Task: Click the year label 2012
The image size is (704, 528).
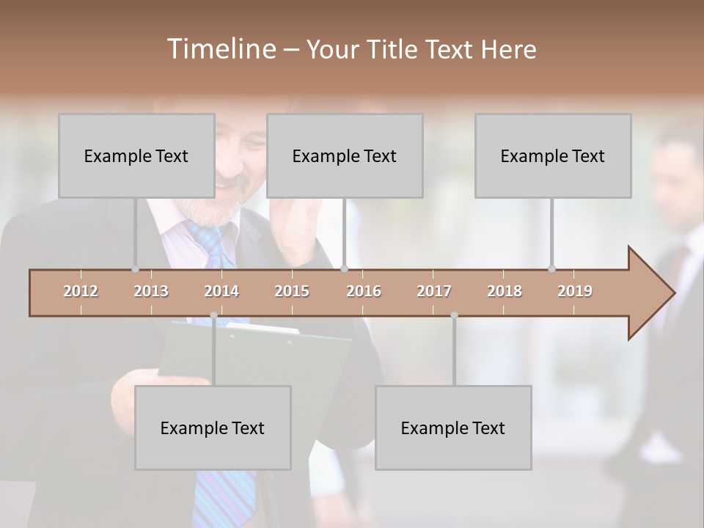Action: click(81, 291)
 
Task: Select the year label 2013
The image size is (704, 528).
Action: click(151, 291)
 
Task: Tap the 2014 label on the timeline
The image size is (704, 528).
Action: click(221, 291)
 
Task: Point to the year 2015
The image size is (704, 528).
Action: click(292, 291)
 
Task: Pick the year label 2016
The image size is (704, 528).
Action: click(364, 291)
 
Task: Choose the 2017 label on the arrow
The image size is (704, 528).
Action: click(434, 291)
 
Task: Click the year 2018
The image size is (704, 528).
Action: click(505, 291)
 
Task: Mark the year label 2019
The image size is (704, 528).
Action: click(575, 291)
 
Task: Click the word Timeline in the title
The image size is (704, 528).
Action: click(220, 49)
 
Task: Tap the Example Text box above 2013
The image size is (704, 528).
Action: click(136, 155)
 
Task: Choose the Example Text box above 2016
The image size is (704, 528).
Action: click(345, 155)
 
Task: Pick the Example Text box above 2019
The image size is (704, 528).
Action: click(553, 155)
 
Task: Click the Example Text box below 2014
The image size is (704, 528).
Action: click(213, 428)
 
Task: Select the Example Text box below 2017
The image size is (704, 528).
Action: click(453, 428)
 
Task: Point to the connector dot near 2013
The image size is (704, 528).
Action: click(135, 268)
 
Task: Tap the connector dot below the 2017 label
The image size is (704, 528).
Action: click(454, 315)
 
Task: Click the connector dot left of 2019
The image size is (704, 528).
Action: click(551, 268)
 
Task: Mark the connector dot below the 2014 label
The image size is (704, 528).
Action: click(213, 315)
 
